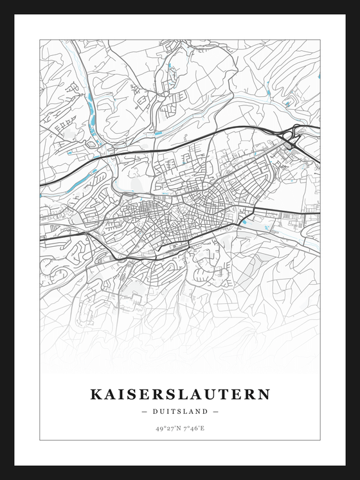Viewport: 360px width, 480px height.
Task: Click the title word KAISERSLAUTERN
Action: point(180,394)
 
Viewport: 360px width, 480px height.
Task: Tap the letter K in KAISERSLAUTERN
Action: point(95,394)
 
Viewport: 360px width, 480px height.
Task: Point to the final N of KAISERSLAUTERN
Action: point(264,394)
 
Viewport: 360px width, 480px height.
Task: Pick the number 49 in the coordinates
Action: point(158,428)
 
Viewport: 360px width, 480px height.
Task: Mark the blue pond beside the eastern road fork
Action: point(244,222)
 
